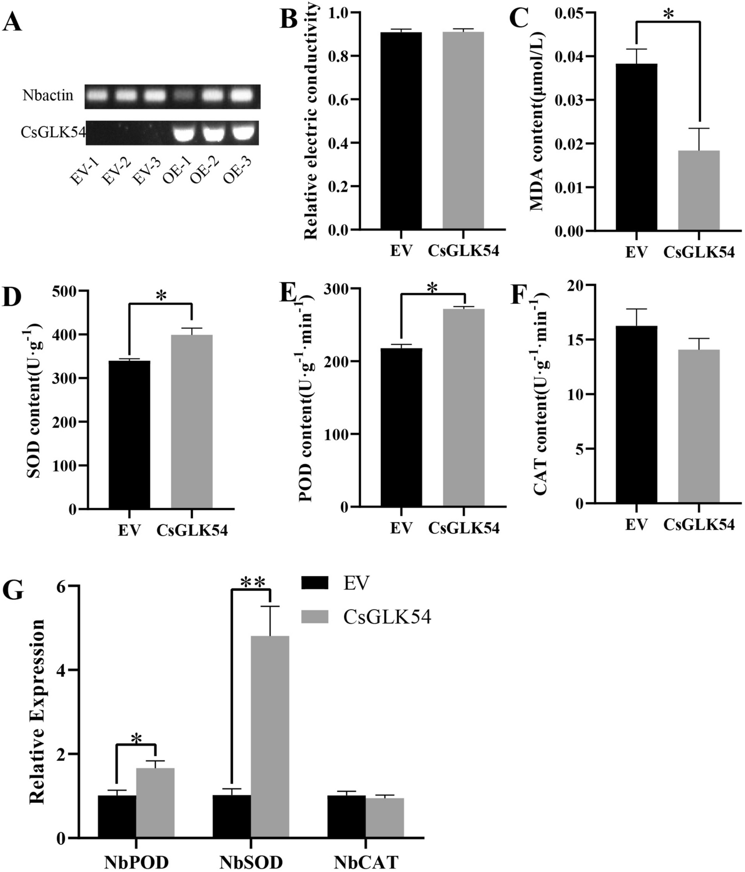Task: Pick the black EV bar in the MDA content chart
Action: coord(636,147)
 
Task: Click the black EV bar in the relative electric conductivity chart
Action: coord(401,131)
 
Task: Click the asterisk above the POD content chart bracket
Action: coord(432,288)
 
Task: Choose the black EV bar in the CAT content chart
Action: coord(636,415)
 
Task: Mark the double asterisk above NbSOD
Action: coord(251,582)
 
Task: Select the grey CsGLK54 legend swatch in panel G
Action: coord(315,617)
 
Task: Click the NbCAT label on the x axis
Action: coord(366,862)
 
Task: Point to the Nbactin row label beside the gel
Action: coord(48,95)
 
